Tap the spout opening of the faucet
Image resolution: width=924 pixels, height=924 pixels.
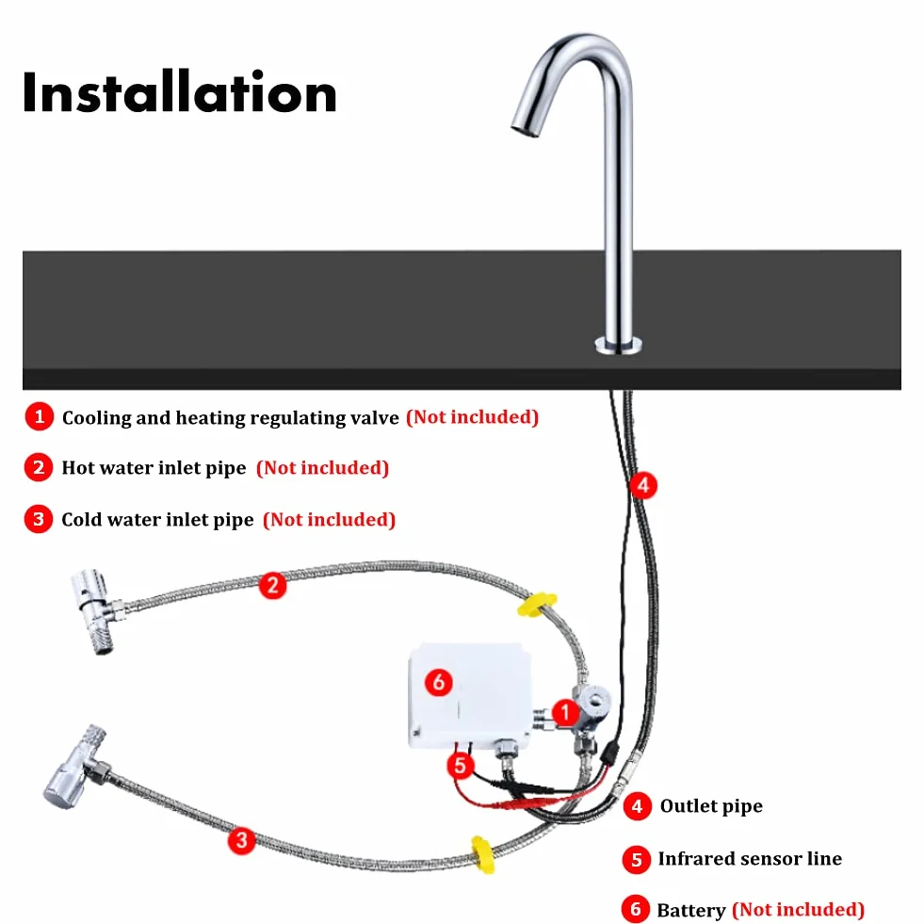[524, 129]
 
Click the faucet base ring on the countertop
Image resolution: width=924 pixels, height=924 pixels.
[618, 346]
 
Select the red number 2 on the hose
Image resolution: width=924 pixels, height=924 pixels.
[272, 585]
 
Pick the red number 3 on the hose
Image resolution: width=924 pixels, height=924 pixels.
[242, 840]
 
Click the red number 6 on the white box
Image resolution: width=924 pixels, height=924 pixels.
[438, 682]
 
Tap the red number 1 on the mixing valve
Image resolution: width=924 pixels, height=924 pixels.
[565, 712]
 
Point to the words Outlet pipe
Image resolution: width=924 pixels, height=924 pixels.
[711, 806]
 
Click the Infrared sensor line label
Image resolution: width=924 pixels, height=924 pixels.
[750, 859]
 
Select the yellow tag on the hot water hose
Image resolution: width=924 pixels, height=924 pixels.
[536, 606]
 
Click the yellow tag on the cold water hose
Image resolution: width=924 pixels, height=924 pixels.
[483, 854]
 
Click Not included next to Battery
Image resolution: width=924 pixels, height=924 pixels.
[798, 909]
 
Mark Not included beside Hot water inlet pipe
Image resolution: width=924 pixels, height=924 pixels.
[322, 468]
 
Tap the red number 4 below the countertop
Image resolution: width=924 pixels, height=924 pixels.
[643, 485]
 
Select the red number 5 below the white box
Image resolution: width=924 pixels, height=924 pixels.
[461, 765]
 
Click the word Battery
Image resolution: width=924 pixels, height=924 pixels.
[691, 910]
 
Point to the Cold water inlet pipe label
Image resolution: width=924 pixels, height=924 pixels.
[157, 520]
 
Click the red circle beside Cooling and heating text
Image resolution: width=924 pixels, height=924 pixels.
[40, 416]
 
